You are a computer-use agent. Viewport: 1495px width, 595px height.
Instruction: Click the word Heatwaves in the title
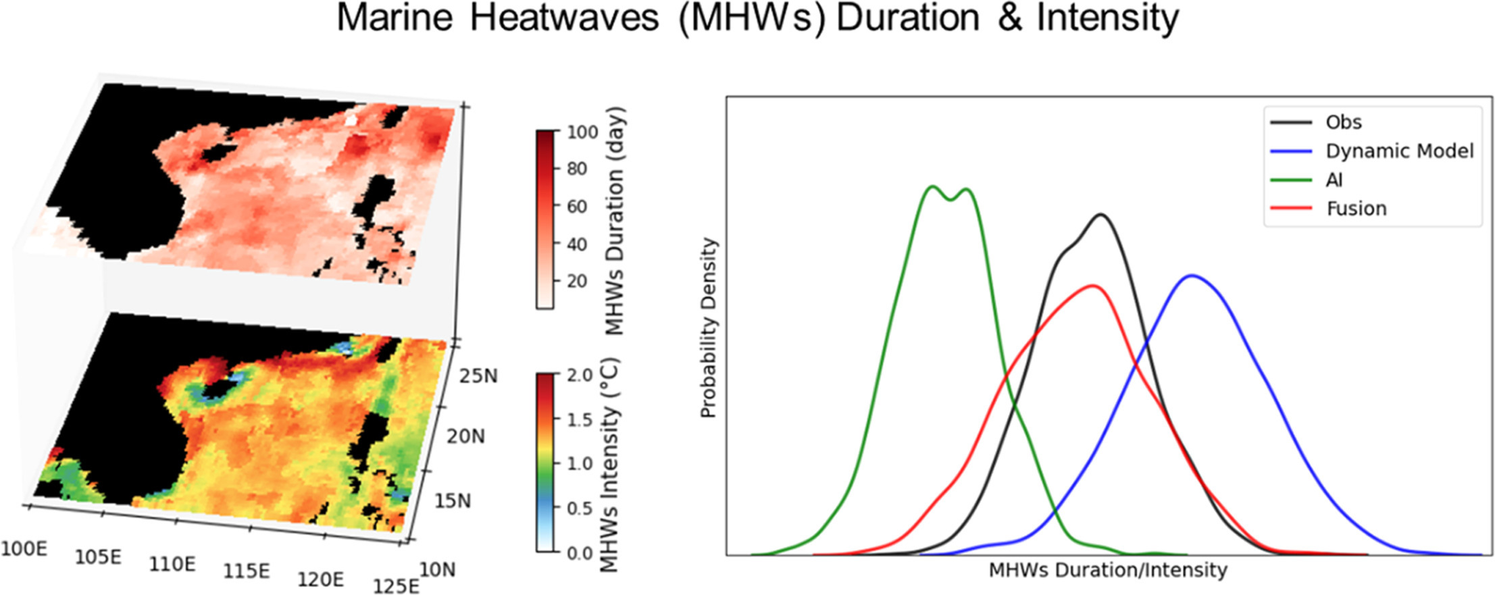click(564, 18)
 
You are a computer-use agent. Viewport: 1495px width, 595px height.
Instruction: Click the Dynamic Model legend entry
click(1372, 151)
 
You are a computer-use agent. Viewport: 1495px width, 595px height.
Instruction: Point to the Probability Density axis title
click(708, 328)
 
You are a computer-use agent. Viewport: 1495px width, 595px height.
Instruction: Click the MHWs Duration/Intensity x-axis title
click(1108, 571)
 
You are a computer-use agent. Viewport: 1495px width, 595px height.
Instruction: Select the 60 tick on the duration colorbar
click(577, 206)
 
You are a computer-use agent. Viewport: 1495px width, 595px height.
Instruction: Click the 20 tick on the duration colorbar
click(577, 281)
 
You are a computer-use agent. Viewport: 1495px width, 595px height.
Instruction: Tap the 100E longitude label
click(24, 548)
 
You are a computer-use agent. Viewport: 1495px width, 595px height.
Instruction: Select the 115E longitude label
click(247, 571)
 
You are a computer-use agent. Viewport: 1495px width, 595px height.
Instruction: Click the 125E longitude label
click(396, 585)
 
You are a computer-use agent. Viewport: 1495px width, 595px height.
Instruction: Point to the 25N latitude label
click(478, 376)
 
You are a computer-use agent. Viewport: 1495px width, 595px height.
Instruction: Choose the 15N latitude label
click(453, 500)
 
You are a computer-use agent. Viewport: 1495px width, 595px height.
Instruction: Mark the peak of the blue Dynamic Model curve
click(1192, 275)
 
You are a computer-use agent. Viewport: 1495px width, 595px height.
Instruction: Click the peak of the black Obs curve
click(1101, 215)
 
